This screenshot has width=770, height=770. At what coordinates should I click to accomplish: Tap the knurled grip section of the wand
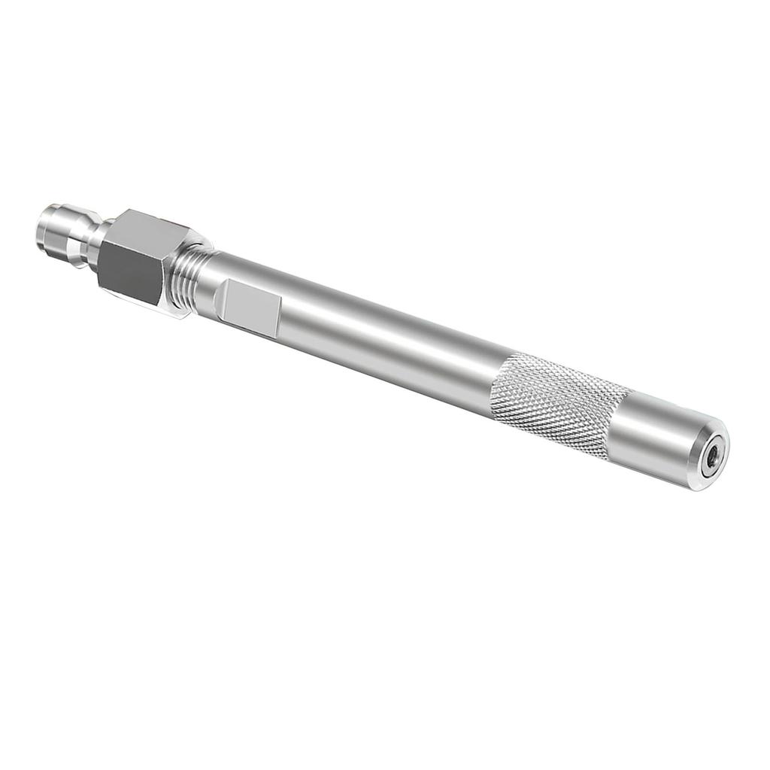point(556,406)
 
